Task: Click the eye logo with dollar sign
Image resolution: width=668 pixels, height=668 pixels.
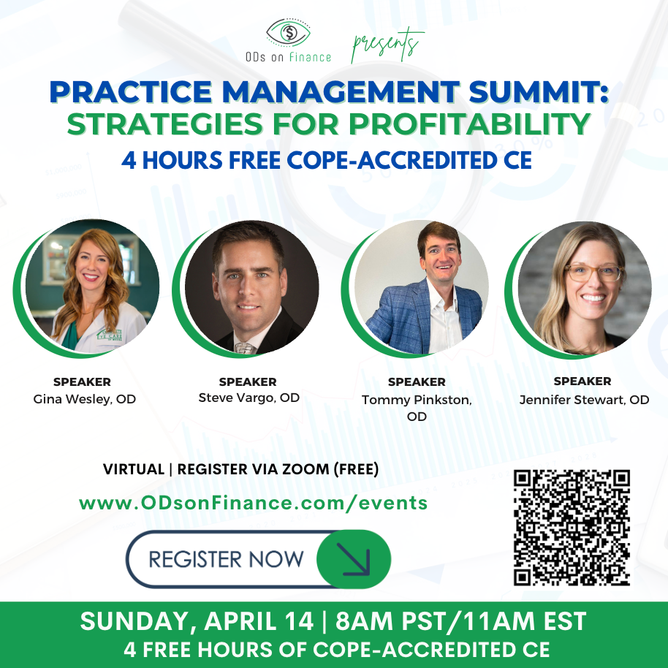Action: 289,32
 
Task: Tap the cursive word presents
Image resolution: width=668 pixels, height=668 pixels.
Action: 387,45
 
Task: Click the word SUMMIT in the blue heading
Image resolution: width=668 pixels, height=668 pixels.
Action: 539,91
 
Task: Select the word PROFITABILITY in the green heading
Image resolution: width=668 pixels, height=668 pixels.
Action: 469,124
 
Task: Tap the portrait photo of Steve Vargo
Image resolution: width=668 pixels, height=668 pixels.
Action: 251,287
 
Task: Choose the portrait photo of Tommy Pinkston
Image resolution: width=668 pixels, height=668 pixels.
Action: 421,287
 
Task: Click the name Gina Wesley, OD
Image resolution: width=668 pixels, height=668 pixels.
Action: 84,399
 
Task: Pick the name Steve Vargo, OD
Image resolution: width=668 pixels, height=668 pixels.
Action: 248,398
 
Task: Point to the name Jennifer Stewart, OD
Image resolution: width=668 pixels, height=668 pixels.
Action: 584,400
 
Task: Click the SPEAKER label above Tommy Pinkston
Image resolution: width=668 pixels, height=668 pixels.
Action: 417,382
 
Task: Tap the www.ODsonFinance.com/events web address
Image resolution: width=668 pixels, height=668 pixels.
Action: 254,503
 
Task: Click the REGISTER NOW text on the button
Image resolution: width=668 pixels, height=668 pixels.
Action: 226,559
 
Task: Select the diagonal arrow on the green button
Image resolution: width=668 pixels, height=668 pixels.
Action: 353,559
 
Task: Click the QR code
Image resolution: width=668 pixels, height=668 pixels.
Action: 572,528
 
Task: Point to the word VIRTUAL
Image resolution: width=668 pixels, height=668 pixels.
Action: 134,469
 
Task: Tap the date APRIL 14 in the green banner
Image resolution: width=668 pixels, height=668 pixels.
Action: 259,620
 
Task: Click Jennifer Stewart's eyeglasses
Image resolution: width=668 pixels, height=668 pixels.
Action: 594,273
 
